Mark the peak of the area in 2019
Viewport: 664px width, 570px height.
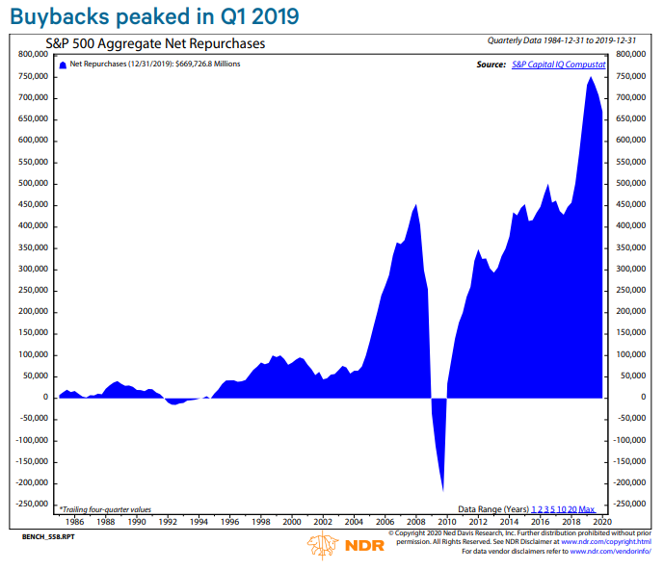(x=590, y=78)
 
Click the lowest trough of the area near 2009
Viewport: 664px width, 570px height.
(x=442, y=489)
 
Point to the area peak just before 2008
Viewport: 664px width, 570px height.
(x=415, y=204)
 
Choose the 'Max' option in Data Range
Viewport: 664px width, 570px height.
(x=587, y=508)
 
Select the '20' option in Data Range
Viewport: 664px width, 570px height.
(x=572, y=508)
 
